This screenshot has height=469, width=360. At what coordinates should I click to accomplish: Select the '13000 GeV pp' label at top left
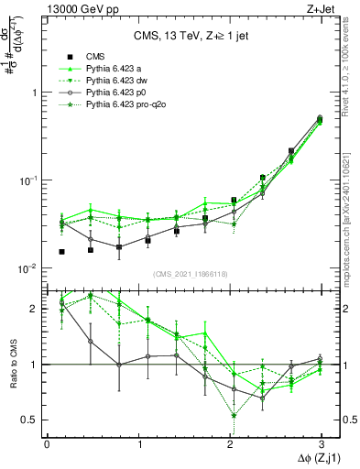[x=75, y=9]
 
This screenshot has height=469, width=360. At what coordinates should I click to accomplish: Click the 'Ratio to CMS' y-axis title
[x=14, y=364]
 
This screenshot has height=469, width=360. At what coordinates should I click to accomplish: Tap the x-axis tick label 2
[x=229, y=443]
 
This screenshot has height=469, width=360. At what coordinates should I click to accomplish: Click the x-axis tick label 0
[x=47, y=443]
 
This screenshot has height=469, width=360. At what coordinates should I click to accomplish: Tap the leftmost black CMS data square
[x=62, y=251]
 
